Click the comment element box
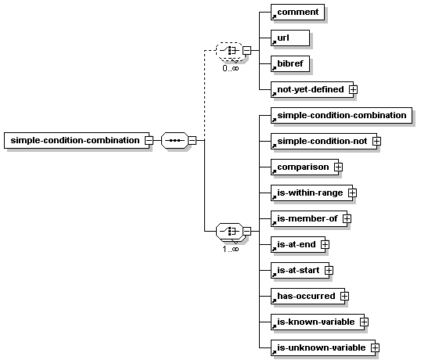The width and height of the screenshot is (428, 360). [297, 12]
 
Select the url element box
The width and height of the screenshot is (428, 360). [290, 38]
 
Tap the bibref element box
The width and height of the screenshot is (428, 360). [290, 64]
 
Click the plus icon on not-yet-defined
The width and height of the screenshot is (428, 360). [353, 89]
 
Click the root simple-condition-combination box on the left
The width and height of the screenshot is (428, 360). [77, 141]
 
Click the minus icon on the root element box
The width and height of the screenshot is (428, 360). [149, 141]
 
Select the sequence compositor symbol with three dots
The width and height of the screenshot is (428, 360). [174, 141]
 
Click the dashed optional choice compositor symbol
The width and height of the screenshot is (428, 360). [229, 51]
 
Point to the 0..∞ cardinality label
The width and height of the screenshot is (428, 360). [231, 68]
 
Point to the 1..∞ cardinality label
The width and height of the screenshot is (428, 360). [231, 249]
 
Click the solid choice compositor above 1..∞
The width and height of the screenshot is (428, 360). [229, 231]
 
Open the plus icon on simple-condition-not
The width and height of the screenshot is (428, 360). [376, 142]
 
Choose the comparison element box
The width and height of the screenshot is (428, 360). [304, 167]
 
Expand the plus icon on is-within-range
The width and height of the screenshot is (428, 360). [352, 193]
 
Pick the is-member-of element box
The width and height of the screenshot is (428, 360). [309, 218]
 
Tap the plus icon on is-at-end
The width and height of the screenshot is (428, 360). [325, 244]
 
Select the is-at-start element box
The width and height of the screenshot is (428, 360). [300, 271]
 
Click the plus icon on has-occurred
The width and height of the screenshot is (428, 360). [344, 296]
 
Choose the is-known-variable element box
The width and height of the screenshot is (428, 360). [318, 322]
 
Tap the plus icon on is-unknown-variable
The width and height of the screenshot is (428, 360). [375, 347]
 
